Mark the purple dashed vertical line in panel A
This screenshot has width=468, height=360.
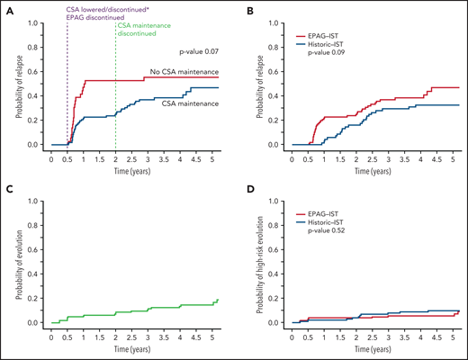67,90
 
